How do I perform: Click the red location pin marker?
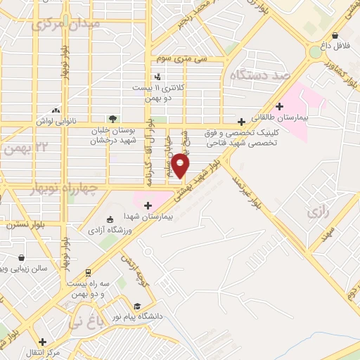click(181, 165)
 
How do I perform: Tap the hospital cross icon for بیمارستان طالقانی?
click(280, 107)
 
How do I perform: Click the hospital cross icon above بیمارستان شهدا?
click(147, 205)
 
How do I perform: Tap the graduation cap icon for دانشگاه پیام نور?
click(136, 306)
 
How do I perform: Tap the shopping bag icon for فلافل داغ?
click(336, 35)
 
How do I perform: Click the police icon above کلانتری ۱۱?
click(156, 77)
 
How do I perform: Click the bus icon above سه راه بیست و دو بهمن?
click(88, 272)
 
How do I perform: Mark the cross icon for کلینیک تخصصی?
click(241, 121)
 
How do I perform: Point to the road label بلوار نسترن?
click(23, 225)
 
